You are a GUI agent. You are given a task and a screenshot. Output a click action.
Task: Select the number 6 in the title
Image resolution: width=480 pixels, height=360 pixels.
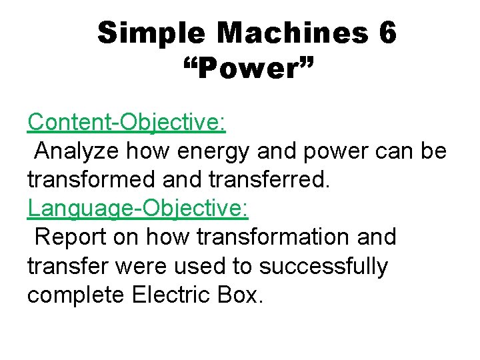coord(387,33)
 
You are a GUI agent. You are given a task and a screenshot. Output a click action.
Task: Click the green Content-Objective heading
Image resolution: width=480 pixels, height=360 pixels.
coord(127,122)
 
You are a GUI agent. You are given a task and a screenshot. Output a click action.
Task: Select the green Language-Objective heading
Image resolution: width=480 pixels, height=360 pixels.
coord(138,208)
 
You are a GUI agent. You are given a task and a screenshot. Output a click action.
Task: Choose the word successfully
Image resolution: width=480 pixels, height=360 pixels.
coord(323,266)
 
